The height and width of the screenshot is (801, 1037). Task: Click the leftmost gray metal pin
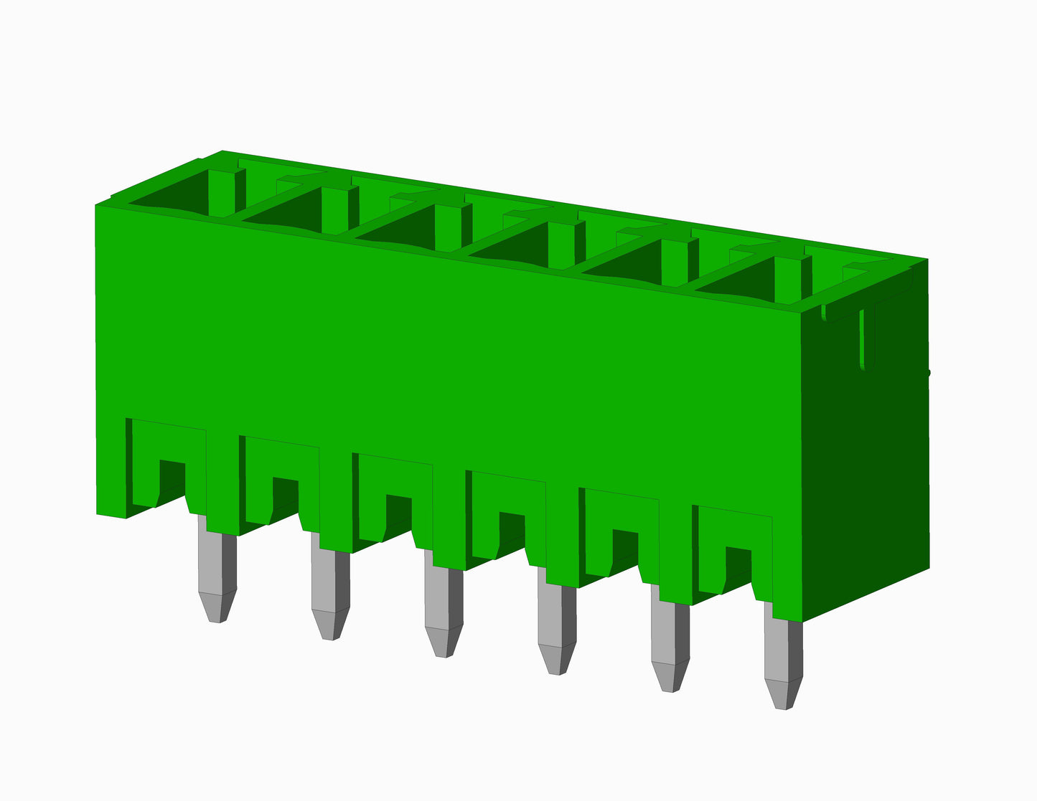click(x=217, y=567)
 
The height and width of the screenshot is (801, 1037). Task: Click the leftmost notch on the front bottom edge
click(x=171, y=482)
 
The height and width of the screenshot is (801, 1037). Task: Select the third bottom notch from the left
click(x=398, y=516)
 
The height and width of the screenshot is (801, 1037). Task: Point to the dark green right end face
click(x=868, y=466)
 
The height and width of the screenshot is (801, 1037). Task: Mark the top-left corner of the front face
click(x=98, y=207)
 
